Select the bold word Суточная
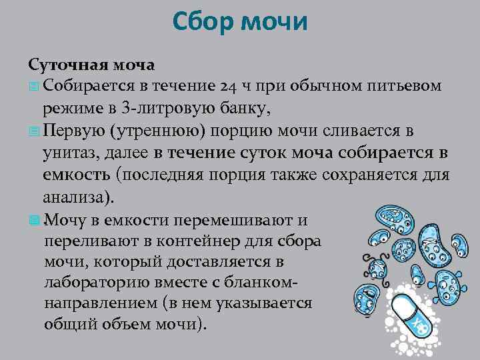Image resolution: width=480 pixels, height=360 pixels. (61, 65)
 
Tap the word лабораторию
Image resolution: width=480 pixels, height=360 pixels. (94, 283)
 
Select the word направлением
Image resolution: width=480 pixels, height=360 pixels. (100, 303)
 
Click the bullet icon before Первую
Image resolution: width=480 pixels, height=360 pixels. (34, 130)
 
